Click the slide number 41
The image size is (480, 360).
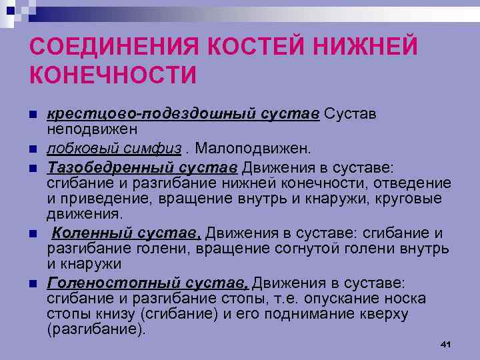pyautogui.click(x=446, y=343)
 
